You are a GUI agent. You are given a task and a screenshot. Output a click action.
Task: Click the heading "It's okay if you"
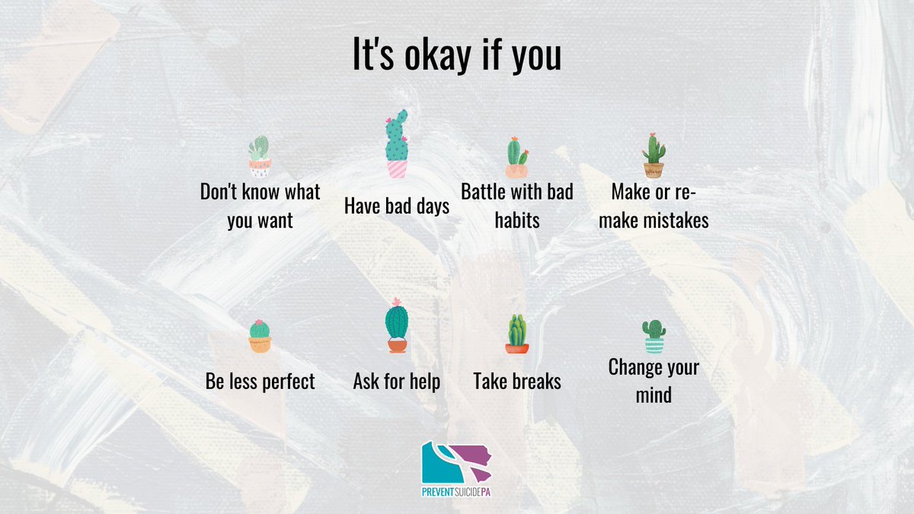pos(456,56)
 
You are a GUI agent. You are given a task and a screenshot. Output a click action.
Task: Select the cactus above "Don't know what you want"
pos(260,157)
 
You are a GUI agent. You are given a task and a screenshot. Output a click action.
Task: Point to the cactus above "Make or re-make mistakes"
pos(654,155)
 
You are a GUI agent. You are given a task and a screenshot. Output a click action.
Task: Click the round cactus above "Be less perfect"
pos(260,336)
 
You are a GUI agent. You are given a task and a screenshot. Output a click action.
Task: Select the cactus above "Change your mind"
pos(654,337)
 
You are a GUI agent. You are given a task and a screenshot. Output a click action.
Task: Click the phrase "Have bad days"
pos(396,206)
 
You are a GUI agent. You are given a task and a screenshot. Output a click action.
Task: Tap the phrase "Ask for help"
pos(396,381)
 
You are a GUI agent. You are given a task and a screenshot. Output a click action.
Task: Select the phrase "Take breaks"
pos(516,381)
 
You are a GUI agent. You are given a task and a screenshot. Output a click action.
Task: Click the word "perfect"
pos(288,381)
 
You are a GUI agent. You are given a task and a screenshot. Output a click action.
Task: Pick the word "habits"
pos(517,220)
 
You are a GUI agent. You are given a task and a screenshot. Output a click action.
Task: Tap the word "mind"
pos(654,395)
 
